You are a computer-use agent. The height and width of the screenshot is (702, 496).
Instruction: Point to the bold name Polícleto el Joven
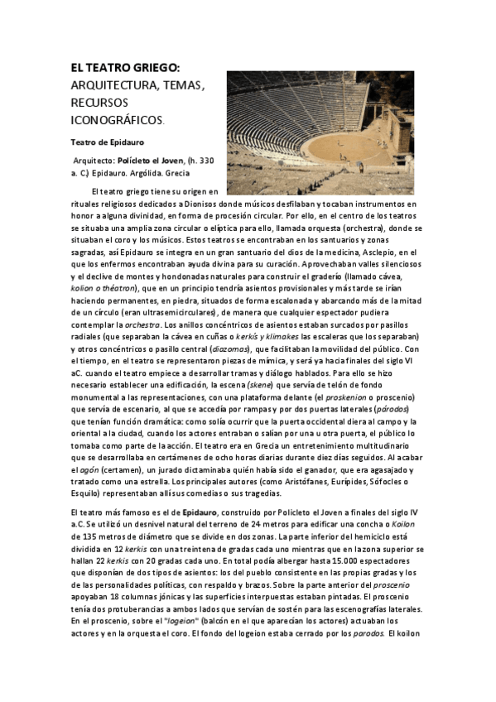150,160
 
